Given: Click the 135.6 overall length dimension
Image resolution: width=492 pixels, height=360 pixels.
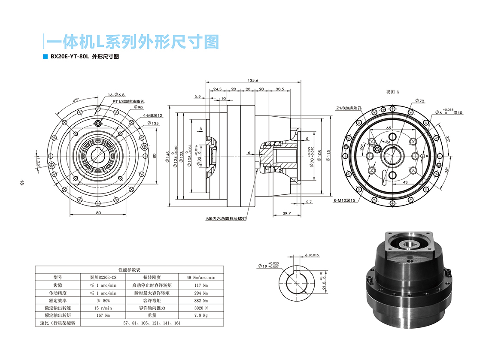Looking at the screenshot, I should [x=253, y=80].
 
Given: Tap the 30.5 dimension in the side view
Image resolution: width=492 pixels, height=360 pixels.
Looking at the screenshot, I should [x=280, y=89].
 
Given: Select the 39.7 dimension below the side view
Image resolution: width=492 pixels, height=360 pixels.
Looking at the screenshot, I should [x=287, y=213].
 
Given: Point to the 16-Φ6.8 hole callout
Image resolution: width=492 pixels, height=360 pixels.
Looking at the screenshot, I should [x=116, y=94].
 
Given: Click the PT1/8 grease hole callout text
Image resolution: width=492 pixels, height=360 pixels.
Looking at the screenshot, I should [x=128, y=101].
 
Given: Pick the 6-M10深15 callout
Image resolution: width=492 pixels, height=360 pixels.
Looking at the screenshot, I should [x=344, y=200].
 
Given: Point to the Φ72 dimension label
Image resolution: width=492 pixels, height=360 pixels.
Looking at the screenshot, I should [x=419, y=101].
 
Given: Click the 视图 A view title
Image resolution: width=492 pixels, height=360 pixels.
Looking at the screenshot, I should [x=393, y=92].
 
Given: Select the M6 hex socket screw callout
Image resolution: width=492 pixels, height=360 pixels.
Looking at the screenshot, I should [x=226, y=218].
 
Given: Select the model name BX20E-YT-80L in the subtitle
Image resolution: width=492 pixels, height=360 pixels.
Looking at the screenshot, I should [x=69, y=56].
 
